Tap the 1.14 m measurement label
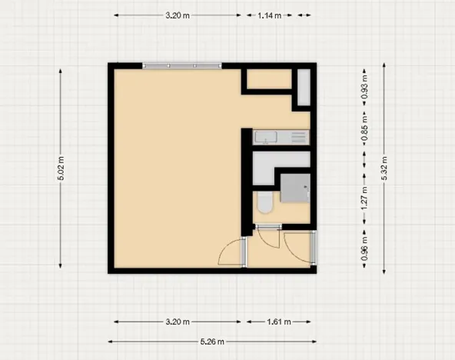tap(268, 15)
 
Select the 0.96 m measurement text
tap(364, 248)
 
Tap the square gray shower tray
tap(295, 187)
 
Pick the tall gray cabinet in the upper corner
tap(304, 87)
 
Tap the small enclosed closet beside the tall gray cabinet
tap(268, 79)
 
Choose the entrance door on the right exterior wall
tap(304, 248)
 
